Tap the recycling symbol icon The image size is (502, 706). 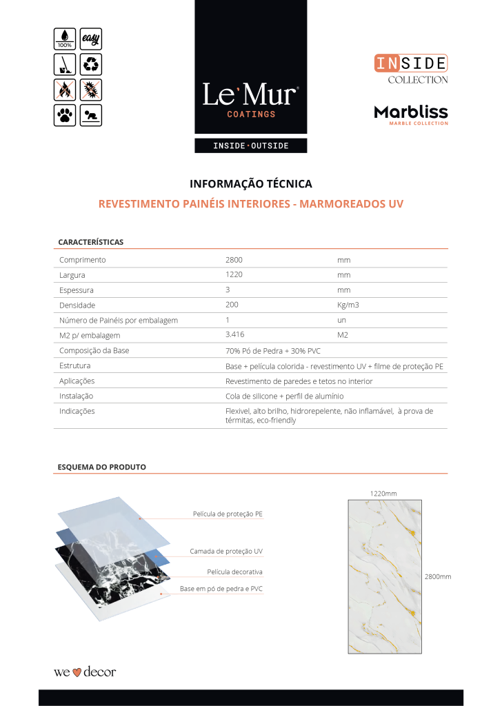(91, 64)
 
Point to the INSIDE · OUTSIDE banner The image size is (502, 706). (250, 146)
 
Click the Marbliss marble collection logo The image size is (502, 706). (411, 114)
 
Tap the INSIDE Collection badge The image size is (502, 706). (411, 70)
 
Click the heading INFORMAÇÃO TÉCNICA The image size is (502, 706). (250, 184)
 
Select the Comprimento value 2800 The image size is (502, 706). (234, 260)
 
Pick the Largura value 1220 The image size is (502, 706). (234, 274)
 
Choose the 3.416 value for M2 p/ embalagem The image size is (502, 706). (236, 335)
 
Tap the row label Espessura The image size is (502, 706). (77, 290)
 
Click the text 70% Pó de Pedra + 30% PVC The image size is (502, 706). (273, 351)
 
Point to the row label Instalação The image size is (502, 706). (77, 396)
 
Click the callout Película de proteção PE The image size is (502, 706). (228, 514)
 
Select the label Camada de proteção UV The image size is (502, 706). (226, 552)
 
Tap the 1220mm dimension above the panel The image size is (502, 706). (383, 493)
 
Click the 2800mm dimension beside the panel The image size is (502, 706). (437, 576)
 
